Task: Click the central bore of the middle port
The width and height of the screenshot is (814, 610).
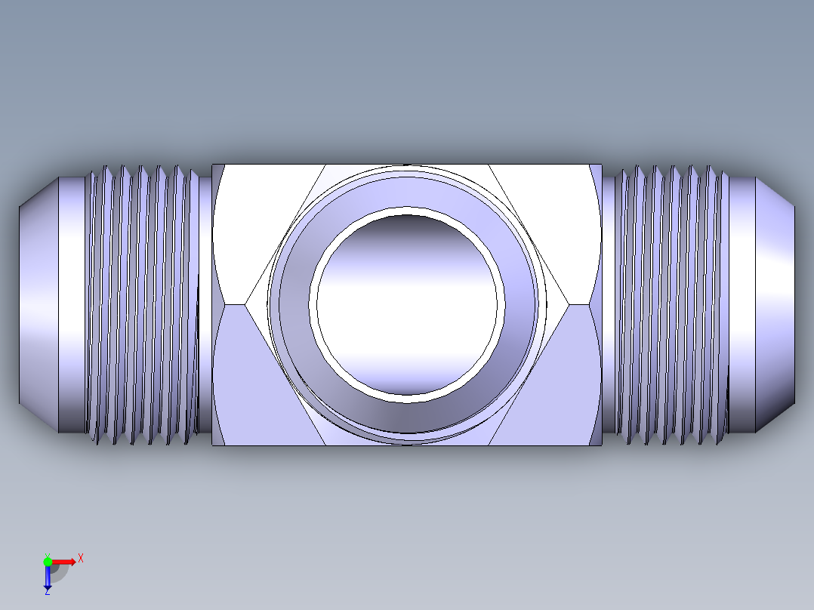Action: pyautogui.click(x=407, y=305)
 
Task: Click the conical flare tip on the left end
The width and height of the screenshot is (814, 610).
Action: pyautogui.click(x=39, y=305)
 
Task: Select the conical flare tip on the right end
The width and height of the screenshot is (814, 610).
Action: pyautogui.click(x=775, y=305)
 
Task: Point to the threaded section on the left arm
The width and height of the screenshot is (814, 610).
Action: pyautogui.click(x=142, y=305)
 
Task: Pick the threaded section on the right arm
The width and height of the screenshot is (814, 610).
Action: pyautogui.click(x=672, y=305)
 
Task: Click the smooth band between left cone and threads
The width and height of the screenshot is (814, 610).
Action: pyautogui.click(x=72, y=305)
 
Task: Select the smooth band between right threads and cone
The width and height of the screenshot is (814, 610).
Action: pyautogui.click(x=742, y=305)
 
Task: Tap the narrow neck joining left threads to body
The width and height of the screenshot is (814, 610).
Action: pyautogui.click(x=205, y=305)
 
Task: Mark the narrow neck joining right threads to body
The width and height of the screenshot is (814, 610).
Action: pyautogui.click(x=609, y=305)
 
